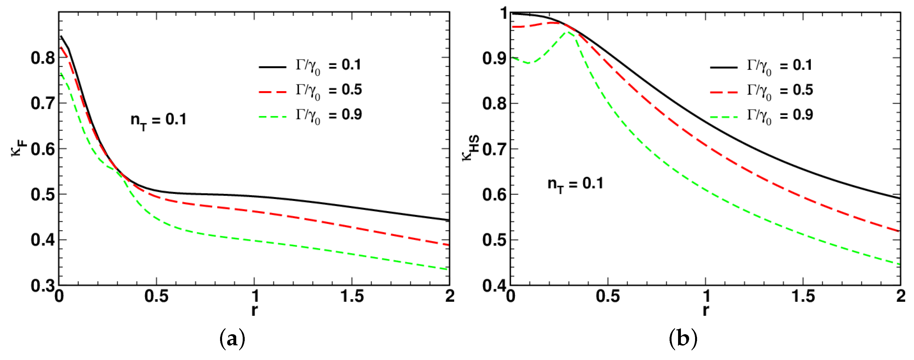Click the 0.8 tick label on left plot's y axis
tap(42, 58)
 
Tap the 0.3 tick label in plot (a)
tap(42, 286)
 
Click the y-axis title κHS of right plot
tap(470, 148)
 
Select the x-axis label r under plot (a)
tap(254, 310)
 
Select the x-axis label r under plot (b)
tap(706, 310)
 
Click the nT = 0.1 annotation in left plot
tap(158, 121)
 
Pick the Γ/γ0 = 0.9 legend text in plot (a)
tap(329, 115)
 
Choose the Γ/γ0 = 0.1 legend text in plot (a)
tap(329, 66)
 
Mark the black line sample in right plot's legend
tap(724, 67)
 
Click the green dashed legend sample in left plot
tap(272, 117)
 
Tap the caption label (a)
tap(233, 339)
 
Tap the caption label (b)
tap(683, 339)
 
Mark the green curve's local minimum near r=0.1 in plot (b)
tap(529, 63)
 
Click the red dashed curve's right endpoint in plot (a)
tap(449, 245)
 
